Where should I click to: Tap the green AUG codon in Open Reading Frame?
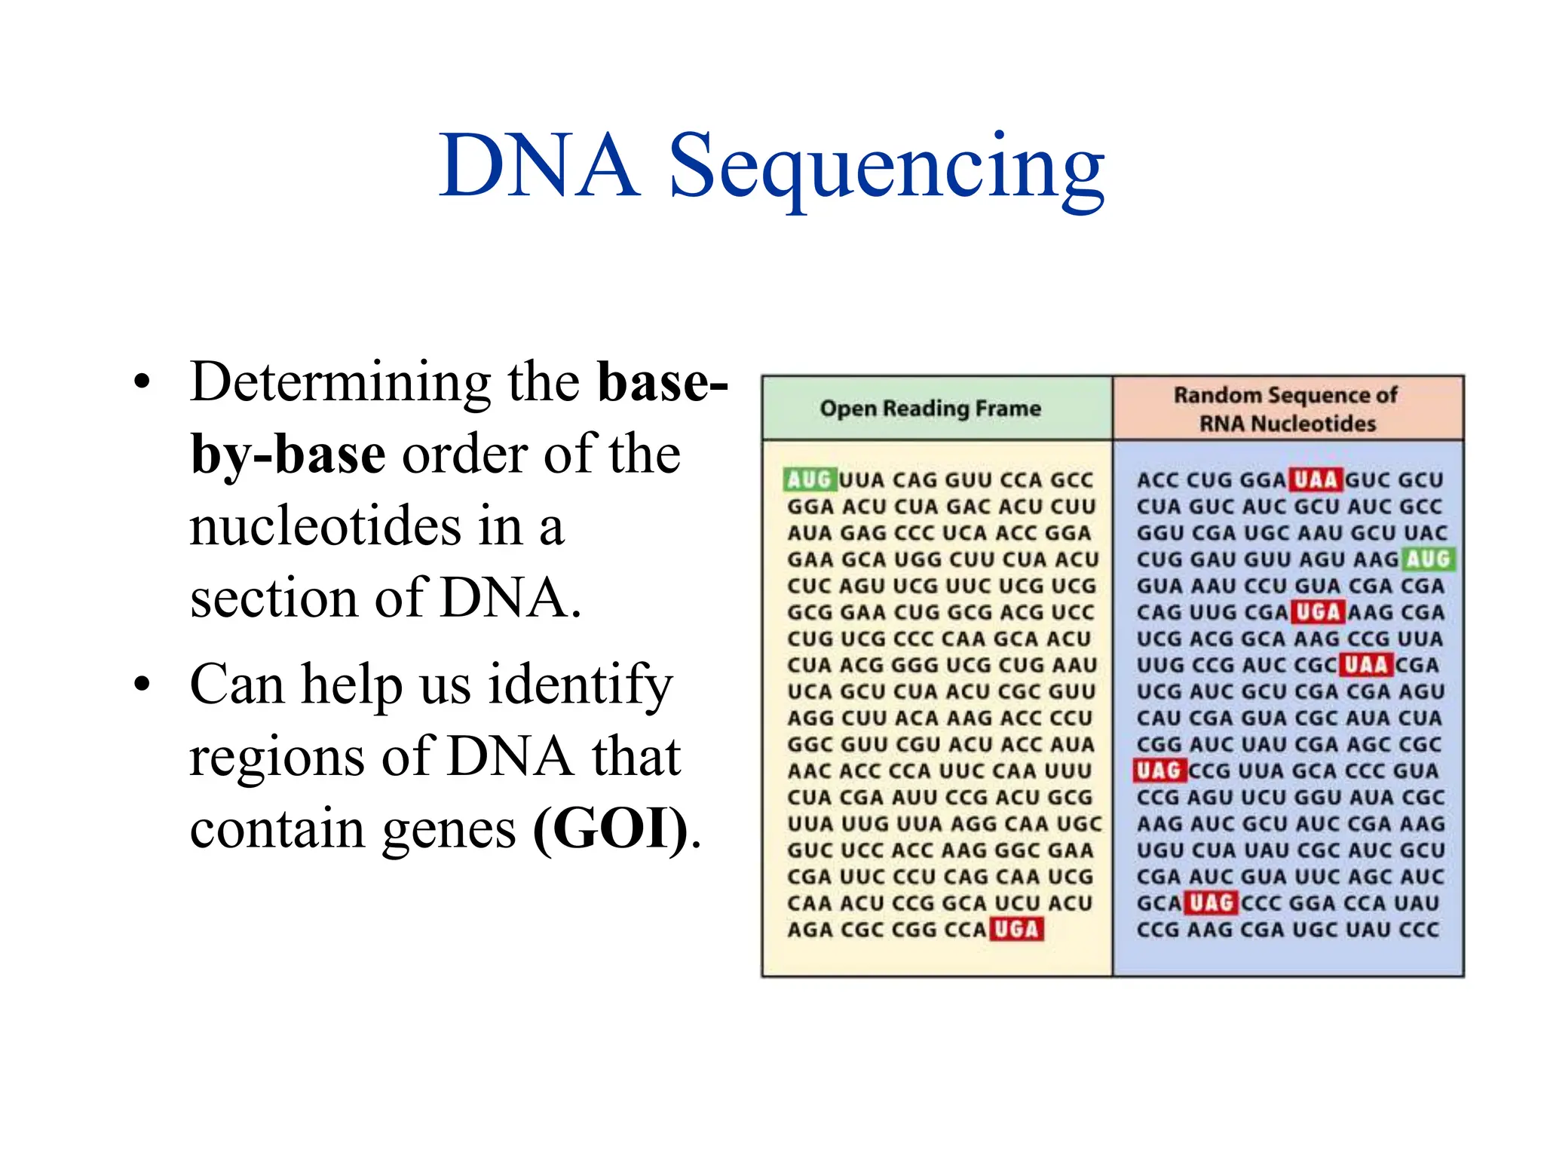pyautogui.click(x=809, y=479)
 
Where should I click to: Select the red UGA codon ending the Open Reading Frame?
pyautogui.click(x=1016, y=929)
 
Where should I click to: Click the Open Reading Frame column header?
pyautogui.click(x=930, y=409)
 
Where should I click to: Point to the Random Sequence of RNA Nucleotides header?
pyautogui.click(x=1287, y=409)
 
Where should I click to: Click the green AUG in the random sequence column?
pyautogui.click(x=1428, y=559)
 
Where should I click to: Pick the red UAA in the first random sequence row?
pyautogui.click(x=1316, y=479)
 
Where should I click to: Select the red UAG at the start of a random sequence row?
pyautogui.click(x=1159, y=770)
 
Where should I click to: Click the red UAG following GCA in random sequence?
pyautogui.click(x=1211, y=902)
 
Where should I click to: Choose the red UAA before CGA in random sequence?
pyautogui.click(x=1366, y=664)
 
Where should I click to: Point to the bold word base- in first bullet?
pyautogui.click(x=662, y=382)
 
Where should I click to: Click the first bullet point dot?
pyautogui.click(x=142, y=382)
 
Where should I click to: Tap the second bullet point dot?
pyautogui.click(x=142, y=685)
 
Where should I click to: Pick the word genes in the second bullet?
pyautogui.click(x=449, y=828)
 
